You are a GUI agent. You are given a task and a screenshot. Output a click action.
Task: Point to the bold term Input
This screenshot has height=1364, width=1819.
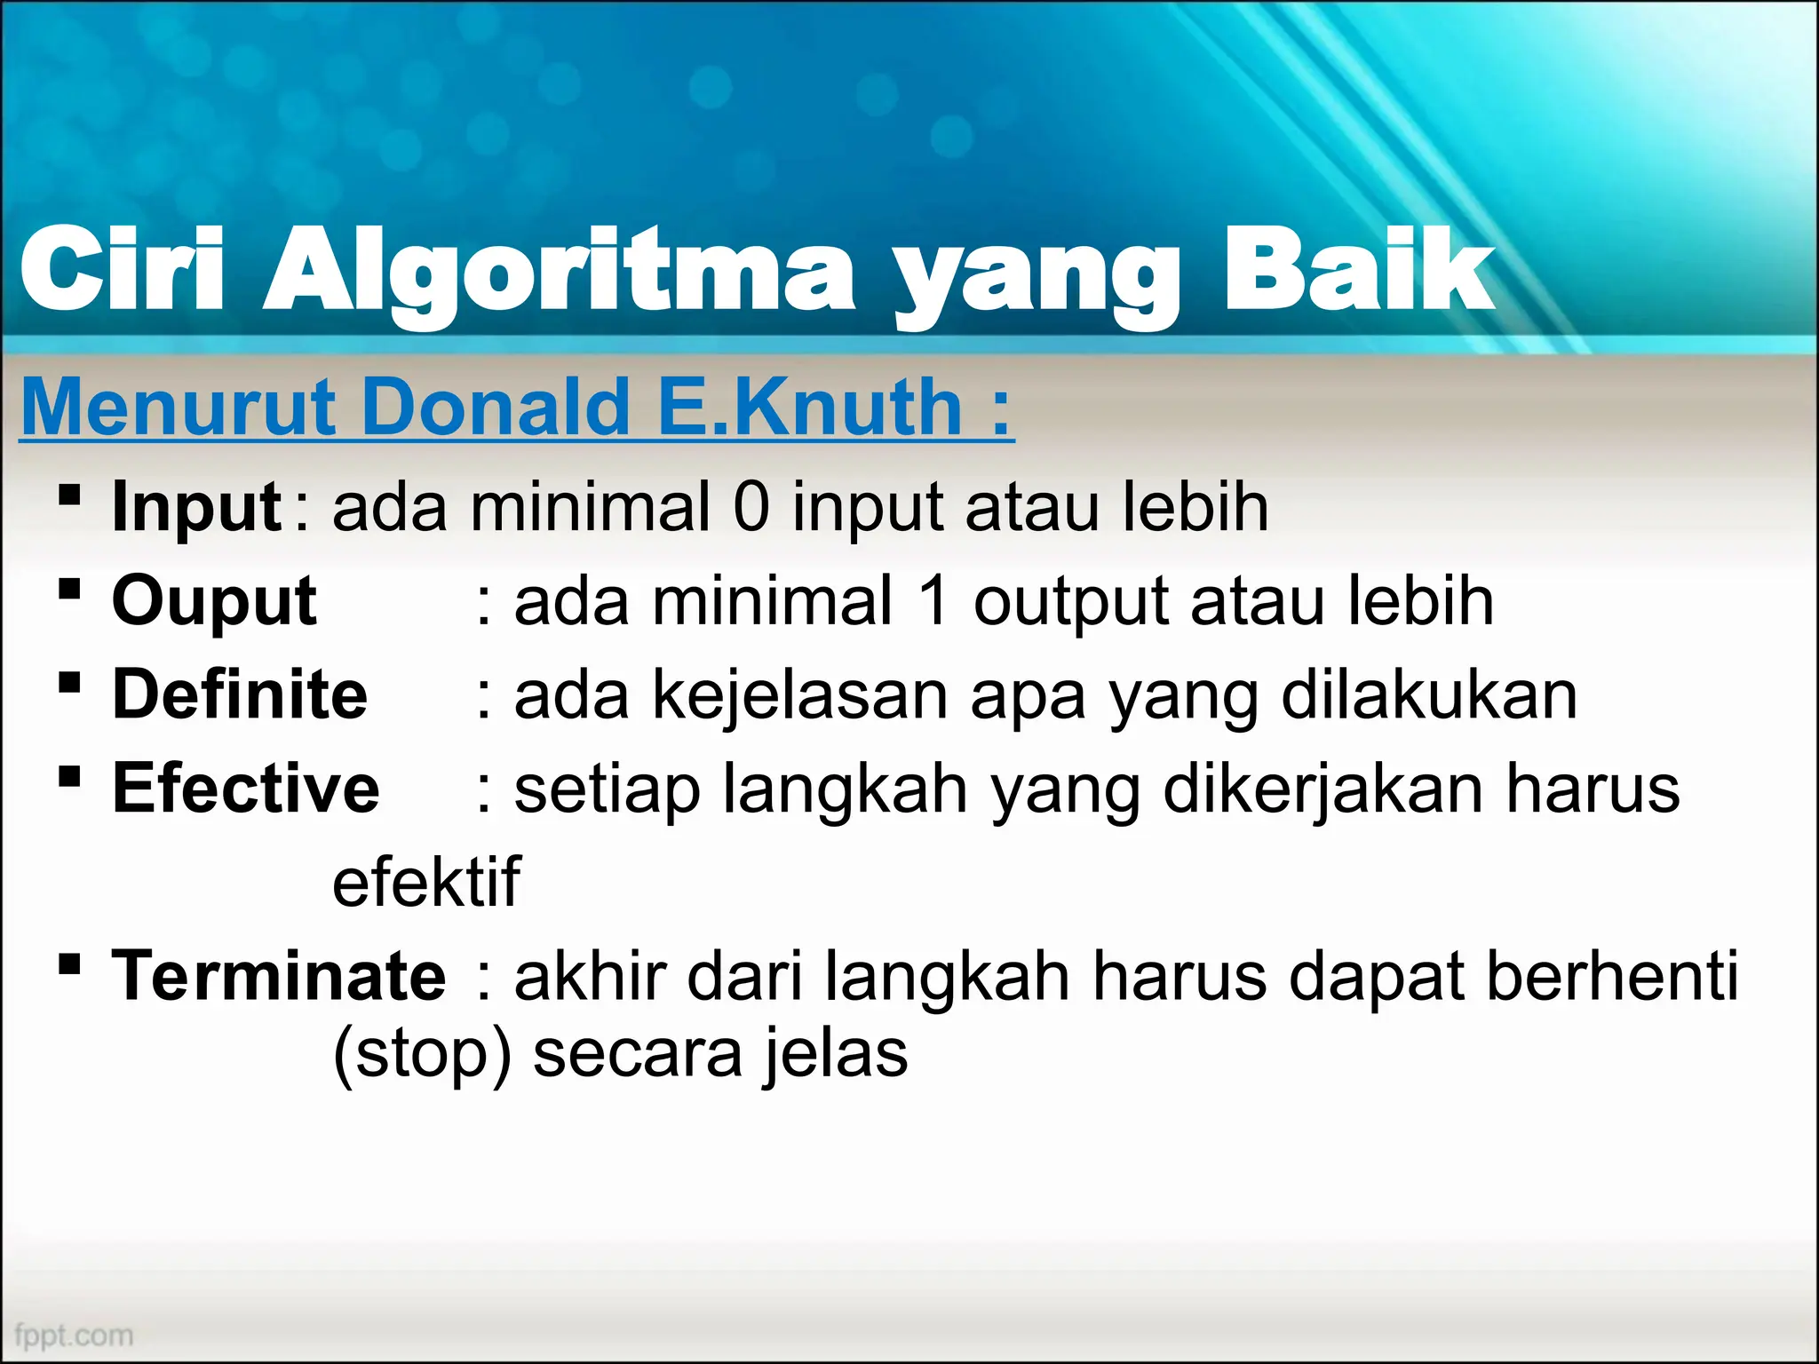point(196,507)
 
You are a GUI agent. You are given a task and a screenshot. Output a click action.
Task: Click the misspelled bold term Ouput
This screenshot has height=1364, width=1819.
point(214,601)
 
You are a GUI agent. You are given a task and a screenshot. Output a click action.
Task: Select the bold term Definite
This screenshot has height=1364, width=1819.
point(240,694)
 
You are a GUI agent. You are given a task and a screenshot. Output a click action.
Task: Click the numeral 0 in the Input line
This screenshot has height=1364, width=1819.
point(751,507)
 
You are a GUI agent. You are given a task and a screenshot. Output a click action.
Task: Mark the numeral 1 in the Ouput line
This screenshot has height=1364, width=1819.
point(933,601)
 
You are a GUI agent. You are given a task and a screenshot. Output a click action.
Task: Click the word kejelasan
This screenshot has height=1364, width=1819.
point(800,694)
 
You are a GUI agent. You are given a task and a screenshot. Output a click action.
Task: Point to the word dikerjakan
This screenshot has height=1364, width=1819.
point(1323,789)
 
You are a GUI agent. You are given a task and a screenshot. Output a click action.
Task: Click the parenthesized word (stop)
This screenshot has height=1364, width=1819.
point(423,1054)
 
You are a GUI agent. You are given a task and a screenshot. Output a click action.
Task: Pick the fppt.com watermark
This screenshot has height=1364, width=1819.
point(75,1335)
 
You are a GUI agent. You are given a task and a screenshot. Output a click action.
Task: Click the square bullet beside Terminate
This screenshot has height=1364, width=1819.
point(69,964)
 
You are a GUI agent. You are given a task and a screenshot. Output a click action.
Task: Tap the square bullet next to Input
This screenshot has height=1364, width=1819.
point(69,495)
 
